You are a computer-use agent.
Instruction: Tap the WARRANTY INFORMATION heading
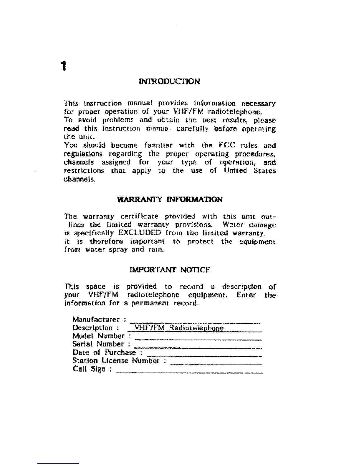point(170,199)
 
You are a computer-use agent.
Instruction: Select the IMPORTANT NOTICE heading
point(170,269)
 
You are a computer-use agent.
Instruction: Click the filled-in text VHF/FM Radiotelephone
point(179,328)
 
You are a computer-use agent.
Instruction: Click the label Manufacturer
point(96,319)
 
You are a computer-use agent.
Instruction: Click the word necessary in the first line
point(258,104)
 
